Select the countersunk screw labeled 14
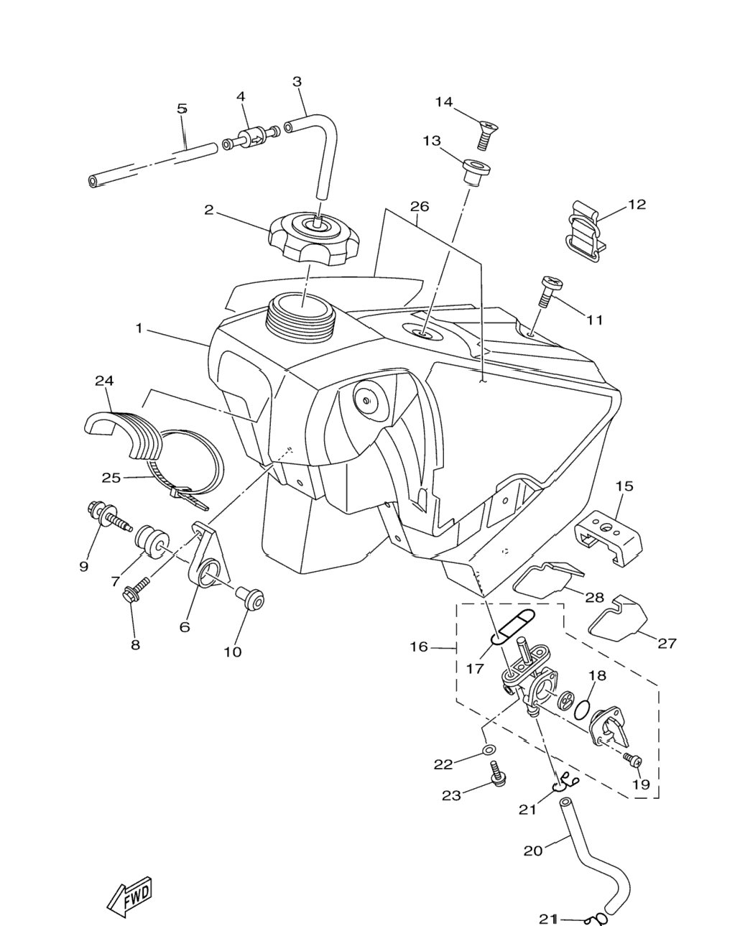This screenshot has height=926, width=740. [x=488, y=134]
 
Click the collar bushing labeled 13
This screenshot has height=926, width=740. [x=476, y=172]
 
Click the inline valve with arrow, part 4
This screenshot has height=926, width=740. [x=251, y=138]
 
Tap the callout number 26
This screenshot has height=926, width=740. [x=420, y=207]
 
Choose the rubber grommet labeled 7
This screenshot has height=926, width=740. [x=152, y=544]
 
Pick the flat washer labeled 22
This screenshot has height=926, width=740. [x=488, y=751]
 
